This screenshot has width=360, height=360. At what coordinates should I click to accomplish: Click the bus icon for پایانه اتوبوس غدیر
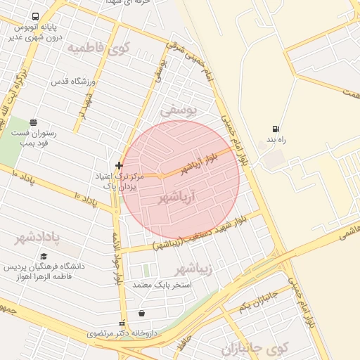click(x=35, y=16)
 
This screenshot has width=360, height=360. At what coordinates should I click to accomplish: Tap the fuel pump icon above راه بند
click(x=275, y=129)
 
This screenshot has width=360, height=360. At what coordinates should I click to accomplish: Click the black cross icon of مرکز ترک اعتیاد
click(x=119, y=165)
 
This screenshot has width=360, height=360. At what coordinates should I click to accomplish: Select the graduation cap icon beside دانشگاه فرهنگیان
click(x=44, y=257)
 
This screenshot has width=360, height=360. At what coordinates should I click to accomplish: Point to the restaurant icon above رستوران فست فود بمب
click(x=34, y=122)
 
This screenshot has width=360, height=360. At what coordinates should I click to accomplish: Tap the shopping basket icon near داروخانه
click(x=142, y=313)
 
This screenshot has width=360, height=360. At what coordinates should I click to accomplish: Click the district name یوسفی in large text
click(x=179, y=110)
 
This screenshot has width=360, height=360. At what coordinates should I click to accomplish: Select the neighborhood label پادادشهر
click(x=43, y=236)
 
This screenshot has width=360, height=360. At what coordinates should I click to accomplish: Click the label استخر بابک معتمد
click(x=153, y=285)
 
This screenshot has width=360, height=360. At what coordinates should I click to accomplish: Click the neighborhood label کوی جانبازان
click(x=255, y=348)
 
